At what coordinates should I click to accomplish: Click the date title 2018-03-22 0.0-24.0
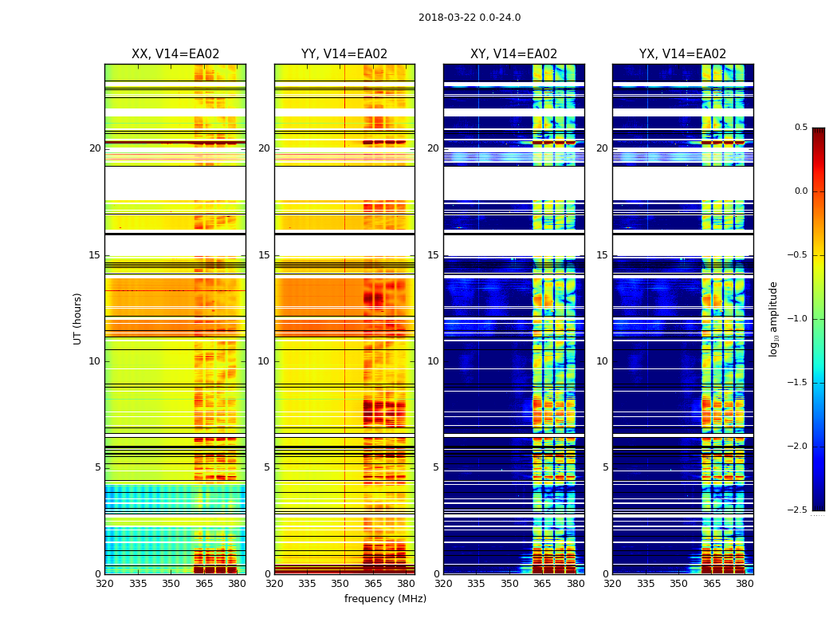click(470, 18)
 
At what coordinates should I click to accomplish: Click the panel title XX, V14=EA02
click(175, 54)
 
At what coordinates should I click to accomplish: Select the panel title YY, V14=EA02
click(344, 54)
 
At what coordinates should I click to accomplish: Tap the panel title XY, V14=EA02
click(513, 54)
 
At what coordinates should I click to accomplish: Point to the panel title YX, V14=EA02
click(682, 54)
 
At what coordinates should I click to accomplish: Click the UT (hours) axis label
click(78, 318)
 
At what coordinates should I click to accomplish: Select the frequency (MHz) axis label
click(385, 599)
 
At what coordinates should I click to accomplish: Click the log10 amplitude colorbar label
click(774, 318)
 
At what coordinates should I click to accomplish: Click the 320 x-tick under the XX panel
click(104, 584)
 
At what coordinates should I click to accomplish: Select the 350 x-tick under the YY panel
click(340, 584)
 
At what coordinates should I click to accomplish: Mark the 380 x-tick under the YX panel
click(745, 584)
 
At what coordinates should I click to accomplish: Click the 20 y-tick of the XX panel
click(95, 148)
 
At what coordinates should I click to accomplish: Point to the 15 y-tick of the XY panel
click(433, 255)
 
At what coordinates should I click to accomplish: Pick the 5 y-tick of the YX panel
click(605, 467)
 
